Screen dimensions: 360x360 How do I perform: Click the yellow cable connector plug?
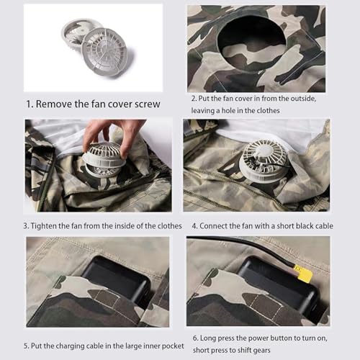[304, 274]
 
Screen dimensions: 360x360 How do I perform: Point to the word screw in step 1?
[145, 104]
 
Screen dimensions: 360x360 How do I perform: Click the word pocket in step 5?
[169, 346]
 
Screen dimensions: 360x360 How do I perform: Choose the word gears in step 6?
[287, 351]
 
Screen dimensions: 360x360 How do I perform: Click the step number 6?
[194, 338]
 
